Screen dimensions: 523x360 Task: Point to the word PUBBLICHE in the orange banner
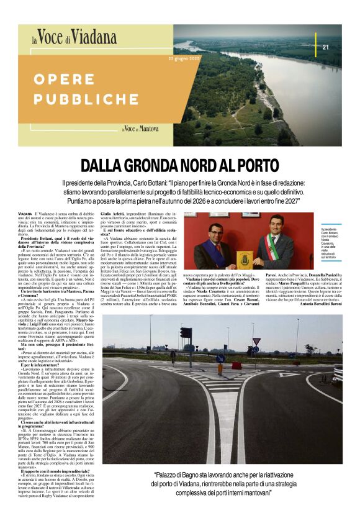(x=86, y=99)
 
